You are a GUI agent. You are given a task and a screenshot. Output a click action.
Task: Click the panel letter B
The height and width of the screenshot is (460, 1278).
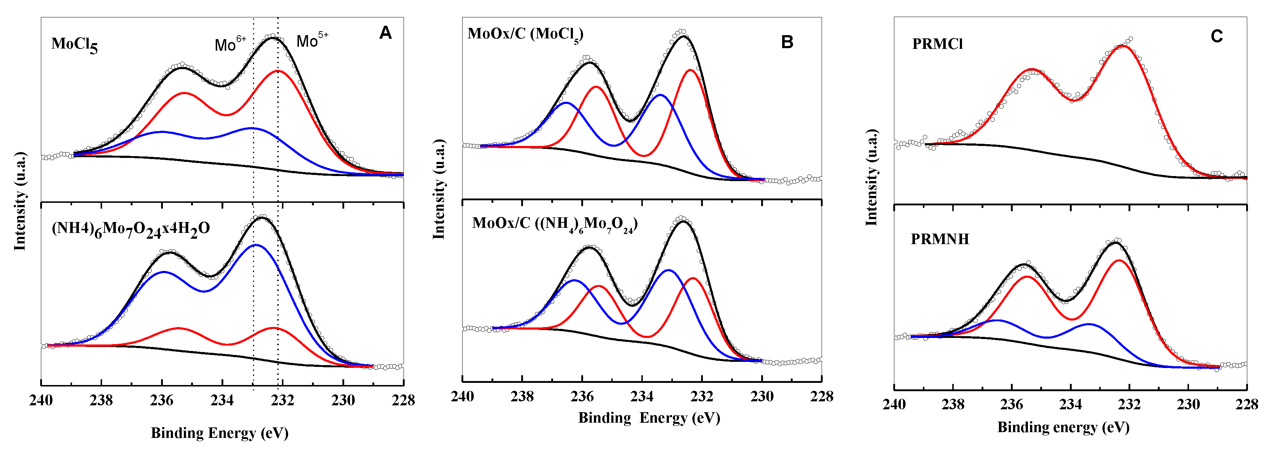point(787,42)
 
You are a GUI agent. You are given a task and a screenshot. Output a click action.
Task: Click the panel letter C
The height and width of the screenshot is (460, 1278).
point(1216,36)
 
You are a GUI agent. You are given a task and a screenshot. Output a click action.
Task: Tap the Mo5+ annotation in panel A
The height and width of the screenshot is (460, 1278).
point(312,40)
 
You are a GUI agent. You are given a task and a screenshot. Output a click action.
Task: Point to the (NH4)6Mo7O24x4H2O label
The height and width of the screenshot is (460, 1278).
point(131,229)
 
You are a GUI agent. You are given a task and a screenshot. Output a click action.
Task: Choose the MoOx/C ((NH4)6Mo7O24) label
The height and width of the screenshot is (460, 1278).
point(554,224)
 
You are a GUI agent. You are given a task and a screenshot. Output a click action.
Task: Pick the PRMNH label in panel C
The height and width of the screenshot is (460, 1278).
point(940,239)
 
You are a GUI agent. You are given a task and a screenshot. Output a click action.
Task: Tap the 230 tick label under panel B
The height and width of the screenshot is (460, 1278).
point(762,396)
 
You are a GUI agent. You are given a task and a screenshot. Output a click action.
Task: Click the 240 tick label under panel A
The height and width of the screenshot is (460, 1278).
point(41,400)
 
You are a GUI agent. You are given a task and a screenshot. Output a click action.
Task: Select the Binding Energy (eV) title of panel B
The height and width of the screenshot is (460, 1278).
point(649,418)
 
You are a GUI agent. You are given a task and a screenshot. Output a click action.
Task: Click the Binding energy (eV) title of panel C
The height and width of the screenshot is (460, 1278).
point(1063,427)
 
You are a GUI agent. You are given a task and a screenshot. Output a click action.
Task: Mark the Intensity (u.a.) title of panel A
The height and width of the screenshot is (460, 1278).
point(20,201)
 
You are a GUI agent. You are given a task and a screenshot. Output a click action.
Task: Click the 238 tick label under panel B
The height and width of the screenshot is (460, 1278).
point(522,396)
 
